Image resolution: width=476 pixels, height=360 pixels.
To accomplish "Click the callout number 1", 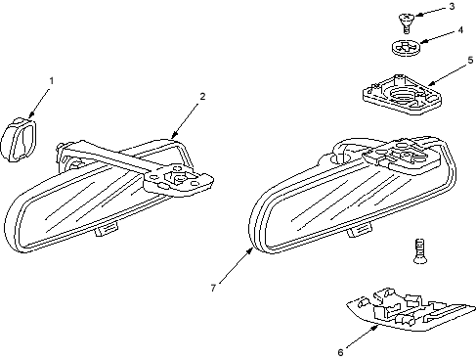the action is [x=51, y=80].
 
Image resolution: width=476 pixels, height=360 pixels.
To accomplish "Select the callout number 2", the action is [x=202, y=97].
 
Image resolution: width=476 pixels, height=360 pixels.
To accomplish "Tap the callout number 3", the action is [x=452, y=7].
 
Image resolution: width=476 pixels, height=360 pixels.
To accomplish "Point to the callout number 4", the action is [x=460, y=30].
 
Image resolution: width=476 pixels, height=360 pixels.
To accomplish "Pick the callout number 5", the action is [x=470, y=61].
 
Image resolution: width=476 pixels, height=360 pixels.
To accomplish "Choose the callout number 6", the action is [x=340, y=352].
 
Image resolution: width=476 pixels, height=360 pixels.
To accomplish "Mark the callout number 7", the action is [x=213, y=288].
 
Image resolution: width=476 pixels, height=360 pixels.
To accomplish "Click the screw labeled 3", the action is [x=406, y=22].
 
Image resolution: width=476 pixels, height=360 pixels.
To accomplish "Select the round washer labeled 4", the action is [x=406, y=48].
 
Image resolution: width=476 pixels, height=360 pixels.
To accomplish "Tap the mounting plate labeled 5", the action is [x=403, y=95].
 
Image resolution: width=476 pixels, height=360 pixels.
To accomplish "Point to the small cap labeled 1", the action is [x=19, y=139].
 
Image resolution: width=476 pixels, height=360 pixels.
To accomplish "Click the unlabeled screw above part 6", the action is [x=420, y=251].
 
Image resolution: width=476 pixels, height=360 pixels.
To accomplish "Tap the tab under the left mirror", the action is [x=107, y=229].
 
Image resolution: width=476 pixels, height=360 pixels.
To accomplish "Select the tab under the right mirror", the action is [x=360, y=230].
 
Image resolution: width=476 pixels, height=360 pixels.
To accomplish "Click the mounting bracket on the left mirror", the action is [x=179, y=180].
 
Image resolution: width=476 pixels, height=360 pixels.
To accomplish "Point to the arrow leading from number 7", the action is [x=236, y=266].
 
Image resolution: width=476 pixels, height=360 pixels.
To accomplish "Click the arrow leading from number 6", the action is [x=363, y=337].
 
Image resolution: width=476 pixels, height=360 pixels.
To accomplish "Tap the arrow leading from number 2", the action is [x=185, y=120].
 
